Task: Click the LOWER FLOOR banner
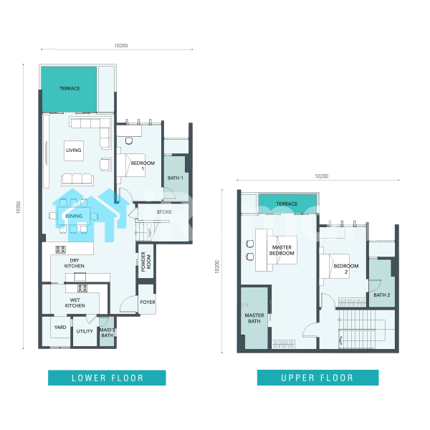pyautogui.click(x=107, y=378)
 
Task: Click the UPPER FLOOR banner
pyautogui.click(x=317, y=378)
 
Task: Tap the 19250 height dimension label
pyautogui.click(x=19, y=207)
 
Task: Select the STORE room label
pyautogui.click(x=164, y=211)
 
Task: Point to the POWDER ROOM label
pyautogui.click(x=146, y=262)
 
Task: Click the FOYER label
pyautogui.click(x=148, y=302)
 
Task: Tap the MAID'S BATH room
pyautogui.click(x=107, y=333)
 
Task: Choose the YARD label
pyautogui.click(x=60, y=327)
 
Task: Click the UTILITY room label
pyautogui.click(x=85, y=331)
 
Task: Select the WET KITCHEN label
pyautogui.click(x=75, y=302)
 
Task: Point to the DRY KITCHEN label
pyautogui.click(x=75, y=263)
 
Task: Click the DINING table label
pyautogui.click(x=74, y=216)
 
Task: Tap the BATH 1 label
pyautogui.click(x=176, y=178)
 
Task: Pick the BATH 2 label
pyautogui.click(x=382, y=295)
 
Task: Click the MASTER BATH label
pyautogui.click(x=254, y=318)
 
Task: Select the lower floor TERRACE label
pyautogui.click(x=70, y=88)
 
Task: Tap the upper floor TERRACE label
pyautogui.click(x=287, y=204)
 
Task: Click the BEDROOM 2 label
pyautogui.click(x=346, y=269)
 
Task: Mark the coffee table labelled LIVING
pyautogui.click(x=74, y=150)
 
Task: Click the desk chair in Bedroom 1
pyautogui.click(x=129, y=140)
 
